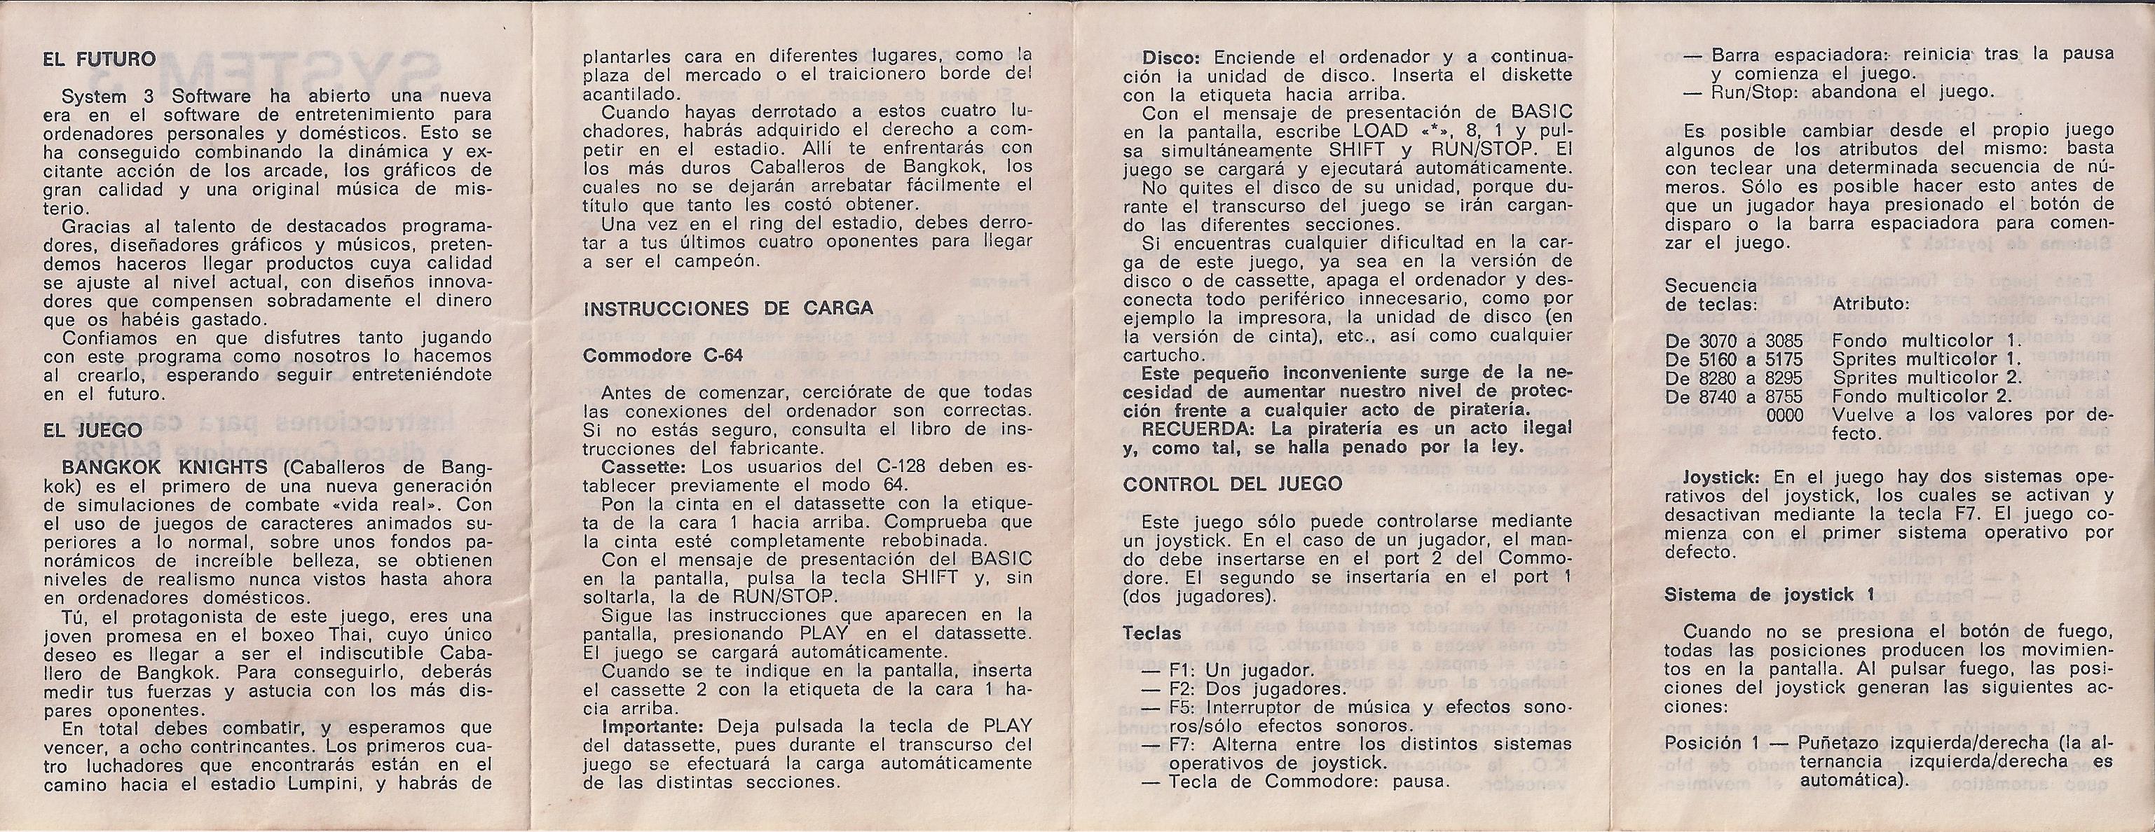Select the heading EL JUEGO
pos(92,430)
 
